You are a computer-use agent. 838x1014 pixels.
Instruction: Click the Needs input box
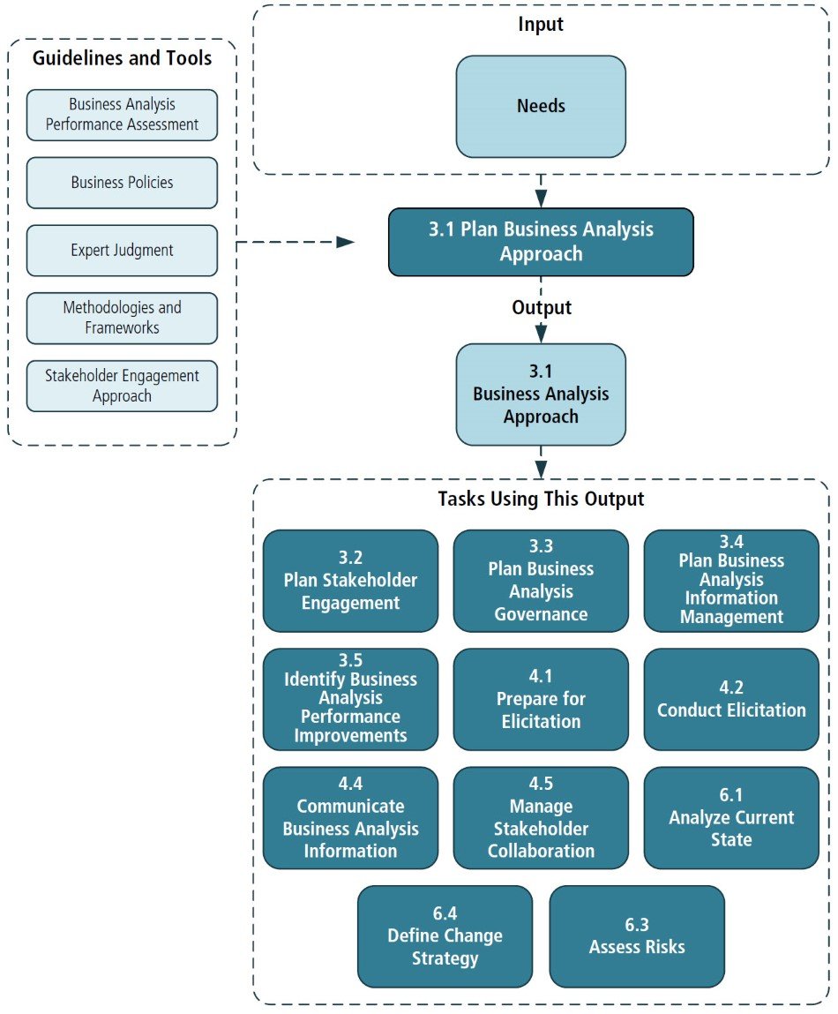point(541,107)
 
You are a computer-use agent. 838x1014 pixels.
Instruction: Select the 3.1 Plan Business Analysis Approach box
point(541,242)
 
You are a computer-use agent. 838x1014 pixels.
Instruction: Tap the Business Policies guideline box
point(122,183)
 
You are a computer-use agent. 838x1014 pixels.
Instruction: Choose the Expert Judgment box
point(122,251)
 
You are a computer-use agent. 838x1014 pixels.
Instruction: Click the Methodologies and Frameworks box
point(122,318)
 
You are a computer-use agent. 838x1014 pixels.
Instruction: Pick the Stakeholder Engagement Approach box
point(122,386)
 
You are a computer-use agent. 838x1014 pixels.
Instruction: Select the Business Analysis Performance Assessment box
point(122,115)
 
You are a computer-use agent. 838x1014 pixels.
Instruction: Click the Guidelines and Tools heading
point(122,59)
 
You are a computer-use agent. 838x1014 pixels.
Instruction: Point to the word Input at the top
point(541,25)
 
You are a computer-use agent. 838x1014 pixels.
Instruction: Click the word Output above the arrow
point(541,308)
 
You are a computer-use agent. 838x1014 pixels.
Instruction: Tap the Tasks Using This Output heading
point(541,499)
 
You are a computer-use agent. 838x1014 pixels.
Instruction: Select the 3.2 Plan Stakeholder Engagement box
point(350,581)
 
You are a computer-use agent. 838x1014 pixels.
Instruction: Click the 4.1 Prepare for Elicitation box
point(541,699)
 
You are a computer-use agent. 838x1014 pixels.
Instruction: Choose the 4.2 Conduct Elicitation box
point(731,699)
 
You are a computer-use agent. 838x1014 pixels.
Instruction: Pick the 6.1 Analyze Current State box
point(731,817)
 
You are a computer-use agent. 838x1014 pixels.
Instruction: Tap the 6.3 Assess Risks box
point(636,935)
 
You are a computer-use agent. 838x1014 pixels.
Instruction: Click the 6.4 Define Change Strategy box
point(445,935)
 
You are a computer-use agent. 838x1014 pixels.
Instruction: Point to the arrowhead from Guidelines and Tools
point(345,242)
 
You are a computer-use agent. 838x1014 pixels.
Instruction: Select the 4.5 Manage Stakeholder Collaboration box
point(541,817)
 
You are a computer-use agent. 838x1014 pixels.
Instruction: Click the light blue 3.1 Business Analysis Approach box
point(541,394)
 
